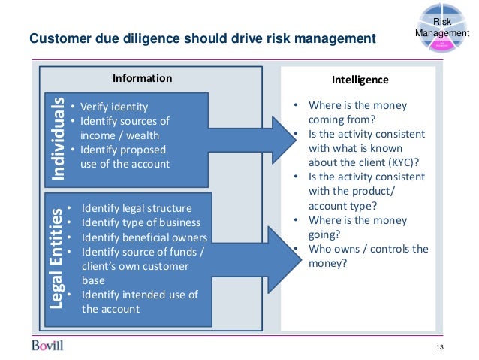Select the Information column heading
[x=142, y=78]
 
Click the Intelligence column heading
[x=360, y=79]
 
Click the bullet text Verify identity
[x=114, y=107]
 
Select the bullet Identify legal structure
[x=137, y=208]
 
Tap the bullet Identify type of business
[x=141, y=222]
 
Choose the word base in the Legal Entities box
[x=95, y=280]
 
